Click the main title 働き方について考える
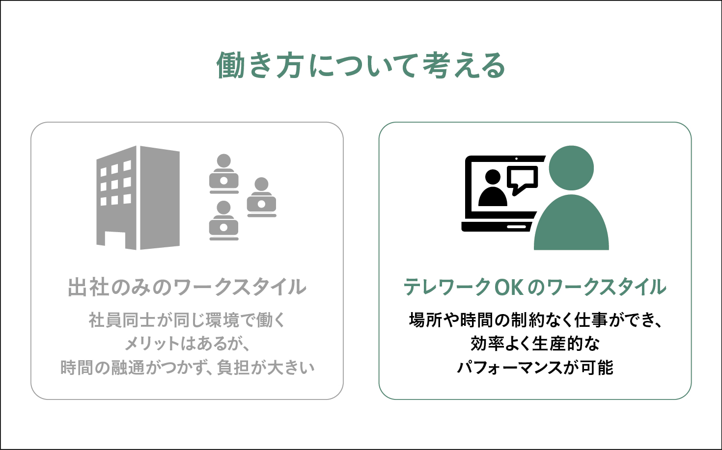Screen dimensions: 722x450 361,65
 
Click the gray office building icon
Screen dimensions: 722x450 138,198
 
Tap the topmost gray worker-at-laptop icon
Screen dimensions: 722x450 224,174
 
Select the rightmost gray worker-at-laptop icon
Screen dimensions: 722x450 261,197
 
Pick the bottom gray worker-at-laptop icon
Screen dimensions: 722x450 223,221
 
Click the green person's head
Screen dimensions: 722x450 571,168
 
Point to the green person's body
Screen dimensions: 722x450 571,222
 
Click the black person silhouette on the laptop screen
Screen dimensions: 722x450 493,188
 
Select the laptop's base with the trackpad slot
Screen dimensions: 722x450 497,226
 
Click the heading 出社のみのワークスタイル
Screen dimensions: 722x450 187,287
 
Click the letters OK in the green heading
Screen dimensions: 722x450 509,287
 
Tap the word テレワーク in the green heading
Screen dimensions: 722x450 447,287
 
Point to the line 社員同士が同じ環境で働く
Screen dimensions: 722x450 187,320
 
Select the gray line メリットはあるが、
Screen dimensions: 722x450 187,344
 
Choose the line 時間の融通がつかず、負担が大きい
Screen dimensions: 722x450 187,368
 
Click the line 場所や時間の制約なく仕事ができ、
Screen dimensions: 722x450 535,320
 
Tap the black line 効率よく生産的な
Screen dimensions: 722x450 535,344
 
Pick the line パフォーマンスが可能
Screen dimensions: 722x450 535,368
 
